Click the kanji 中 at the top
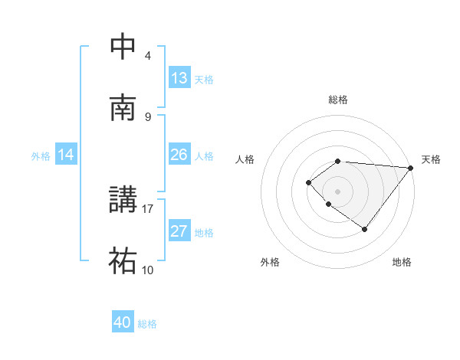[x=123, y=47]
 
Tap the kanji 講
[x=123, y=201]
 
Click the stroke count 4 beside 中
[x=148, y=55]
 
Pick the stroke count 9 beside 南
[x=148, y=116]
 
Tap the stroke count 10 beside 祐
[x=148, y=270]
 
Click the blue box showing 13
[x=179, y=78]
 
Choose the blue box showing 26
[x=179, y=155]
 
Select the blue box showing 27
[x=179, y=231]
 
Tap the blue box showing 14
[x=66, y=155]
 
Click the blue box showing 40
[x=123, y=322]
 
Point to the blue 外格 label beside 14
[x=41, y=155]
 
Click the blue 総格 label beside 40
[x=147, y=324]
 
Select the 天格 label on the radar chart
[x=431, y=159]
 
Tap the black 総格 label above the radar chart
[x=338, y=100]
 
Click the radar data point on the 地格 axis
[x=365, y=229]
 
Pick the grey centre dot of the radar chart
[x=338, y=191]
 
